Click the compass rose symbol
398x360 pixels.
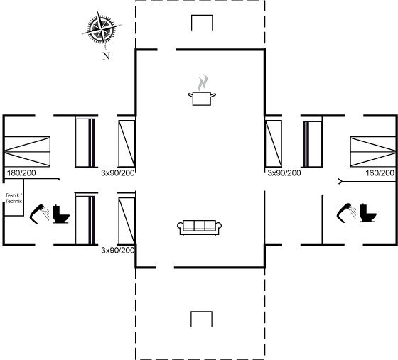(102, 28)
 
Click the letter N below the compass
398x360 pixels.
(106, 56)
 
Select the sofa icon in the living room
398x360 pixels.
(199, 228)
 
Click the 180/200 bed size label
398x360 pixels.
(21, 173)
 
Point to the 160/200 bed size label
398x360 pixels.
(380, 173)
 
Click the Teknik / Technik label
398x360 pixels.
(14, 198)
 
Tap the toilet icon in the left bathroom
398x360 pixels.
(61, 214)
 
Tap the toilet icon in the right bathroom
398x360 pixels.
(368, 213)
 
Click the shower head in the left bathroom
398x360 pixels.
(38, 214)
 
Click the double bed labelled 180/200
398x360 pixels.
(28, 152)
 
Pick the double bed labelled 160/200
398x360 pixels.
(373, 152)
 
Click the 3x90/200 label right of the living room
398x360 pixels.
(284, 173)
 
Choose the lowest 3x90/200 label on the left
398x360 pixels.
(118, 250)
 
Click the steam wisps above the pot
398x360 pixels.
(203, 82)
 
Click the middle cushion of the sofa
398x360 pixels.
(200, 225)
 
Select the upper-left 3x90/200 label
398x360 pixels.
(118, 173)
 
